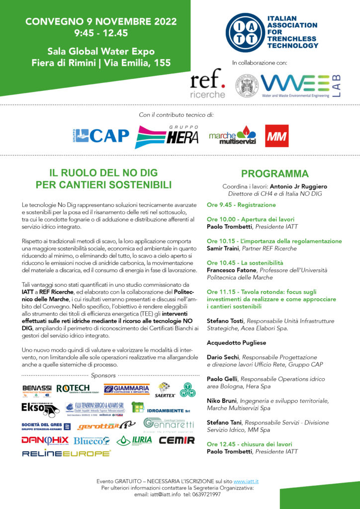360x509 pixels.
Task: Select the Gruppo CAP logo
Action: (x=102, y=135)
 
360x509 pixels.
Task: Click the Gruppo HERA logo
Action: (x=167, y=135)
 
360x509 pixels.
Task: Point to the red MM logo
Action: (x=276, y=136)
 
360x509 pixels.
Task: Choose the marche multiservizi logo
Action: (x=232, y=136)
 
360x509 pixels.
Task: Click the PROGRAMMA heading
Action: (x=274, y=174)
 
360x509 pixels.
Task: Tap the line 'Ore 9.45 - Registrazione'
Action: (x=241, y=205)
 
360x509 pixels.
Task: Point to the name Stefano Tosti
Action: (x=225, y=321)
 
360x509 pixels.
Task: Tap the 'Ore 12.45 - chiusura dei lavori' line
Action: (x=249, y=444)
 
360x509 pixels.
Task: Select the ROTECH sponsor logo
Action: (x=73, y=388)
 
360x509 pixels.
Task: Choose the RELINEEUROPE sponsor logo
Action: (x=66, y=453)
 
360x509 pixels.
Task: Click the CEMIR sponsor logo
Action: (x=177, y=440)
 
